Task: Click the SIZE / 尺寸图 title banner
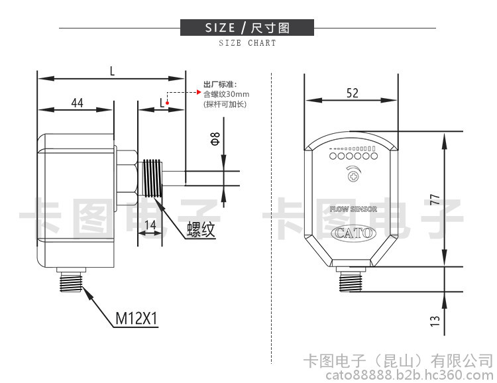pos(247,28)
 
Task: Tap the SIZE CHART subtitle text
pos(247,43)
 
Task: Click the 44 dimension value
pos(77,103)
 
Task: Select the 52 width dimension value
pos(352,93)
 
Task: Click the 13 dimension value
pos(435,320)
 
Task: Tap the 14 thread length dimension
pos(150,226)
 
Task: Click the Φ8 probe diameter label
pos(214,139)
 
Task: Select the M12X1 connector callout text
pos(137,319)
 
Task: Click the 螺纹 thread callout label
pos(201,230)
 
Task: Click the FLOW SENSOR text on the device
pos(353,209)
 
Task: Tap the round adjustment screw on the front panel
pos(353,176)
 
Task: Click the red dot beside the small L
pos(168,103)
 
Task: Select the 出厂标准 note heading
pos(219,85)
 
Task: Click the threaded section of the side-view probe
pos(153,177)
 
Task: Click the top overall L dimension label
pos(112,70)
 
